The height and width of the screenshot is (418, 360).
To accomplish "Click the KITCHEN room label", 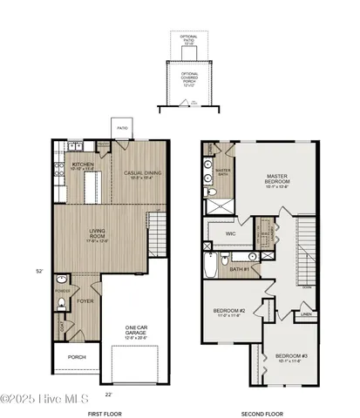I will [x=83, y=164].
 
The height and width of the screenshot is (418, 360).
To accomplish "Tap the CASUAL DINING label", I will [x=137, y=174].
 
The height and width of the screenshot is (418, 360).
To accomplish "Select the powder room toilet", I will [x=60, y=304].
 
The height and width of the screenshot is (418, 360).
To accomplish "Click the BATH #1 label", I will [x=241, y=269].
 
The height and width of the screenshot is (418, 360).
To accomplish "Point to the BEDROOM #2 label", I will [x=229, y=311].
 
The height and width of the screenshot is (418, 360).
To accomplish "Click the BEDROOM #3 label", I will [x=290, y=357].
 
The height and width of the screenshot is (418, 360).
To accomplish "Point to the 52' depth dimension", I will [x=38, y=271].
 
